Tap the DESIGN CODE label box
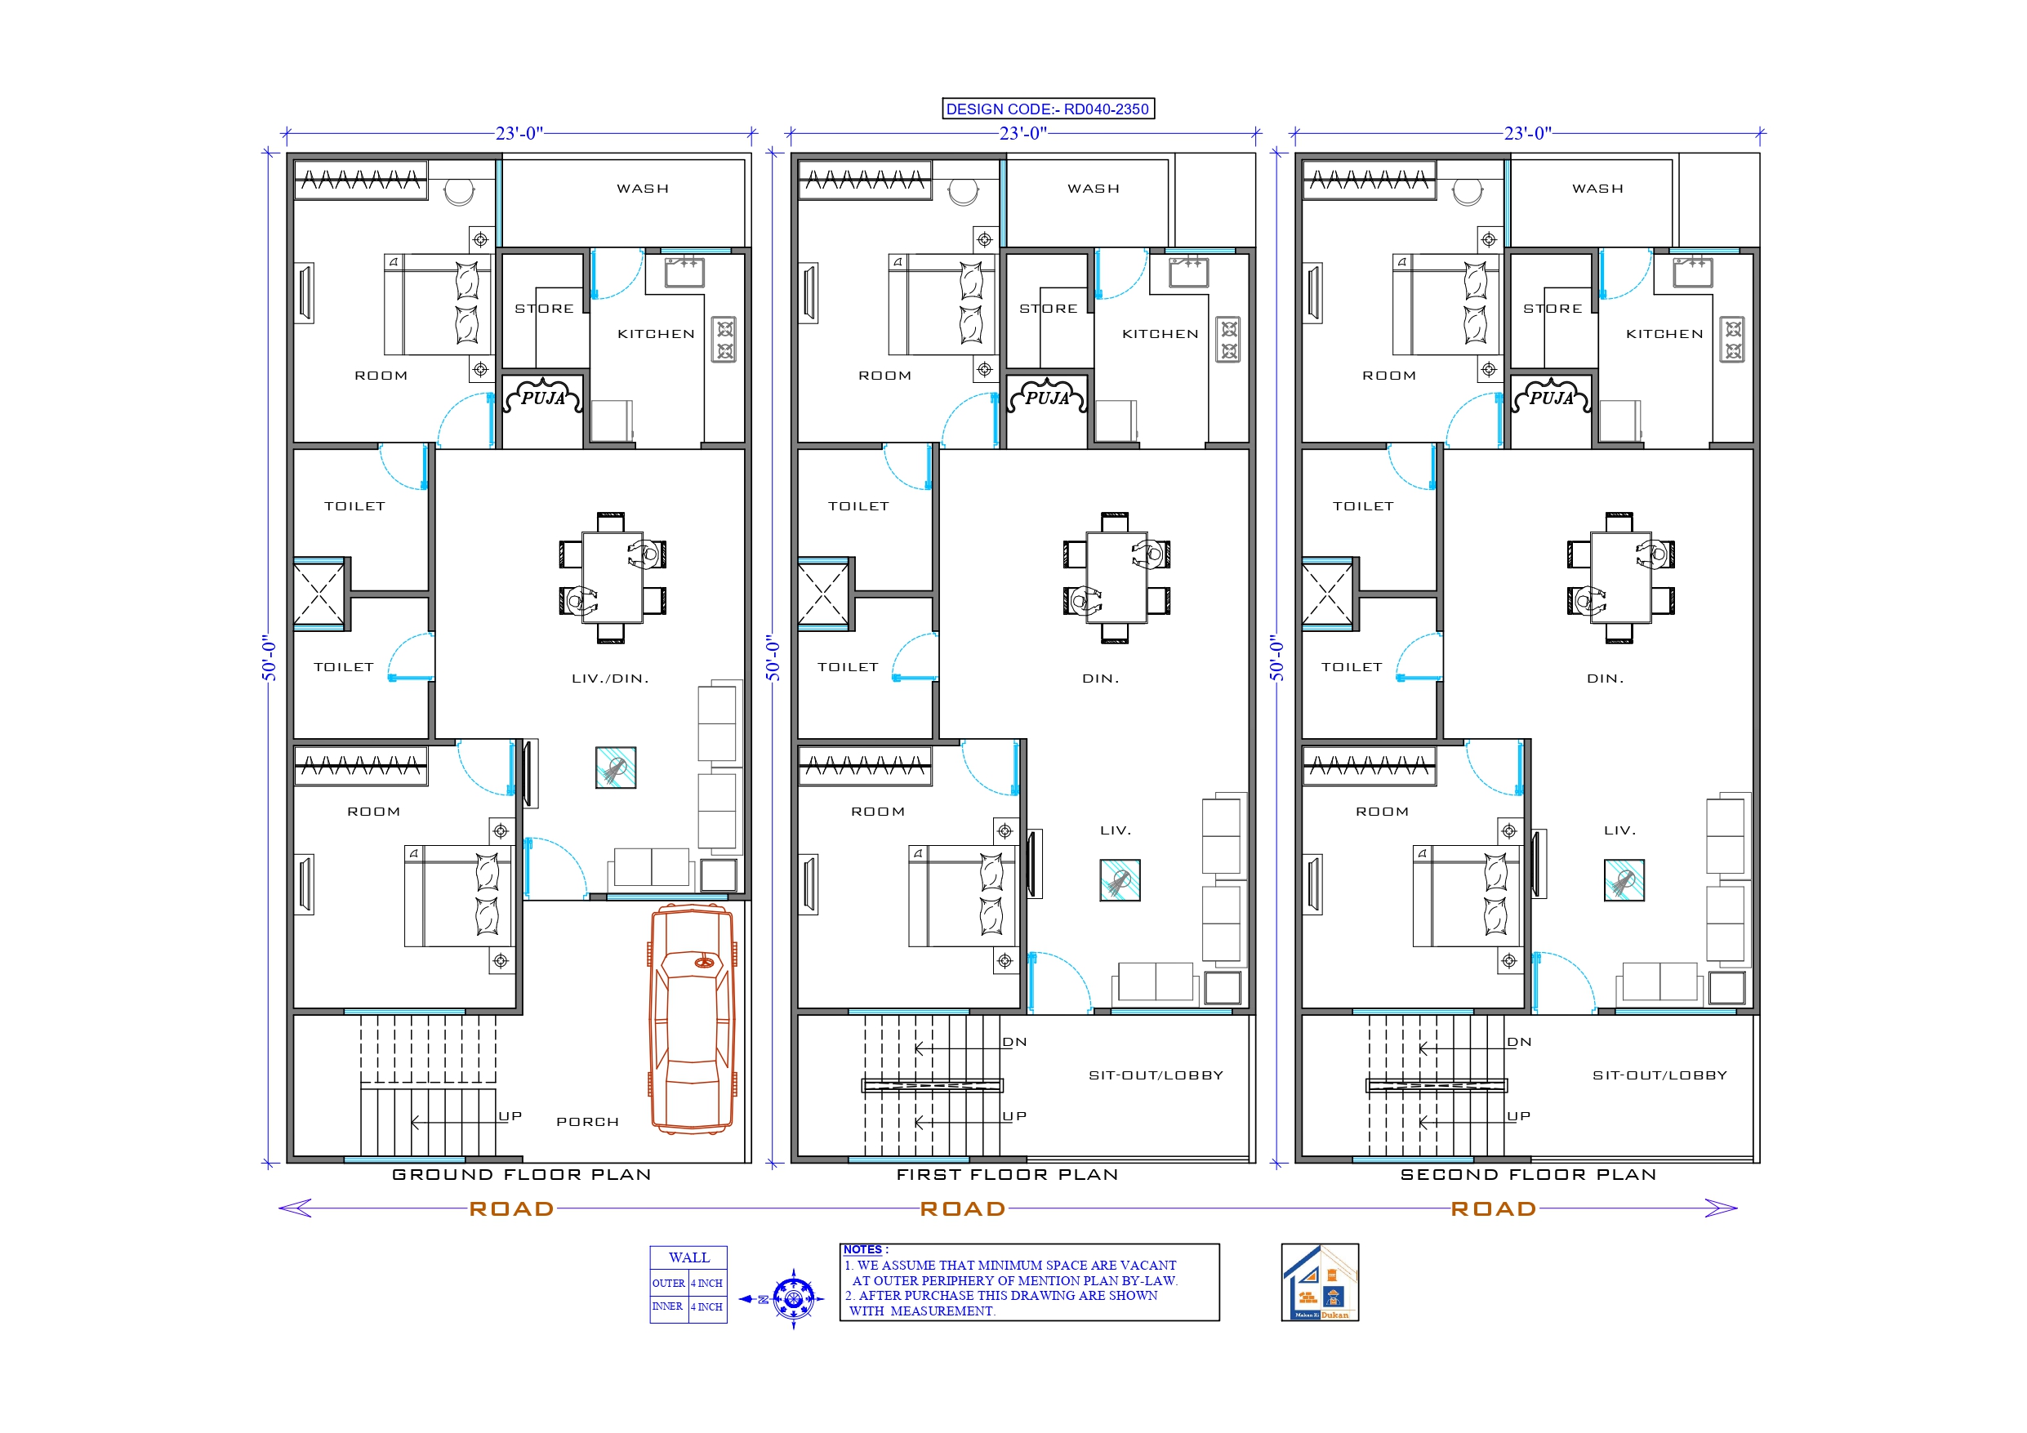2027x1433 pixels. (x=1048, y=109)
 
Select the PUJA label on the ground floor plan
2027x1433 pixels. (x=543, y=398)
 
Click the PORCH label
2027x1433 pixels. (x=587, y=1122)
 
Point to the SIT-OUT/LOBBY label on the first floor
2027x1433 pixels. (x=1156, y=1075)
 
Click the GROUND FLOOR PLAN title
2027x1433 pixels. (x=522, y=1175)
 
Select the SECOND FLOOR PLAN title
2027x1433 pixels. (x=1528, y=1175)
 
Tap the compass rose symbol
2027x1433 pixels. (x=793, y=1299)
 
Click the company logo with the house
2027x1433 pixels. (x=1320, y=1283)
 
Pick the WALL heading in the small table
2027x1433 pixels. (x=688, y=1257)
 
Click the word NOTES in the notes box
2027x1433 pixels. (x=862, y=1250)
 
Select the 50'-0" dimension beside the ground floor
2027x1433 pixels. (x=270, y=658)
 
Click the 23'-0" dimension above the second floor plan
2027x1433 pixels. (x=1527, y=133)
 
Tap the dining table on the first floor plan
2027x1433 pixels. (x=1116, y=577)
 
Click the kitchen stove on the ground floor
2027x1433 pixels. (x=725, y=340)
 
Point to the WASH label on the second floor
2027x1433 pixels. (x=1597, y=189)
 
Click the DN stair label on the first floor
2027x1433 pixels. (x=1014, y=1043)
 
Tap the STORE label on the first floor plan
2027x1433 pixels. (x=1048, y=309)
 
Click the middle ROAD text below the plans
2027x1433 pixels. (x=962, y=1208)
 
